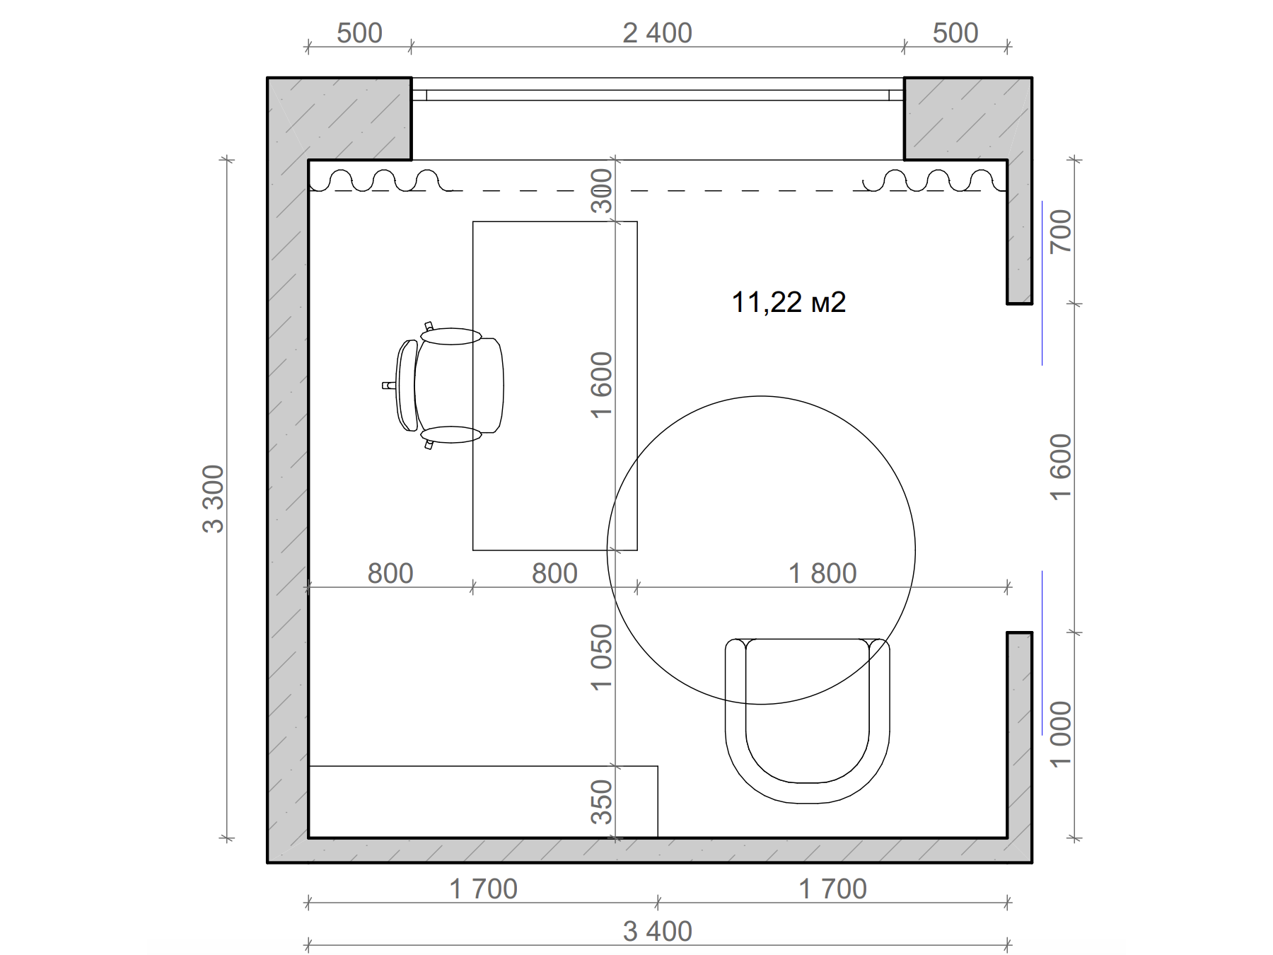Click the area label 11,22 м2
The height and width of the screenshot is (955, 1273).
point(789,302)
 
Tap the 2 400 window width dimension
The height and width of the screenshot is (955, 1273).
point(657,33)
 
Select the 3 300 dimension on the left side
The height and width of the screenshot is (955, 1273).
point(213,499)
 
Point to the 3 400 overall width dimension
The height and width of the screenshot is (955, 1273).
point(657,932)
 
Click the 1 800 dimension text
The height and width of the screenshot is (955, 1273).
point(822,573)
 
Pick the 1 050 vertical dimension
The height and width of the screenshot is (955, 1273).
point(601,657)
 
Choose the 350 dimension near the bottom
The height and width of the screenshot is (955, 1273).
point(601,802)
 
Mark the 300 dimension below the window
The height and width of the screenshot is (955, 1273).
point(601,191)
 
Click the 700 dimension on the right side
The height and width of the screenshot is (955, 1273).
point(1061,231)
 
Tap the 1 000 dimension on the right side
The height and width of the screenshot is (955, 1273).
point(1061,734)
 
